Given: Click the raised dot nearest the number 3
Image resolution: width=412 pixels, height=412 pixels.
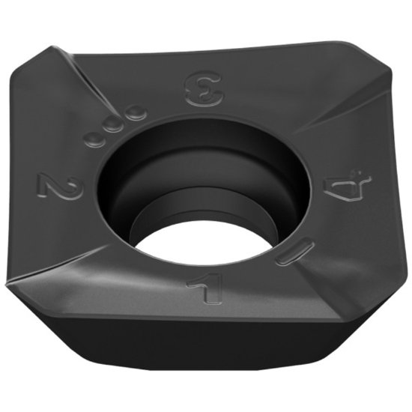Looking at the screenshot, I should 135,113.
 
